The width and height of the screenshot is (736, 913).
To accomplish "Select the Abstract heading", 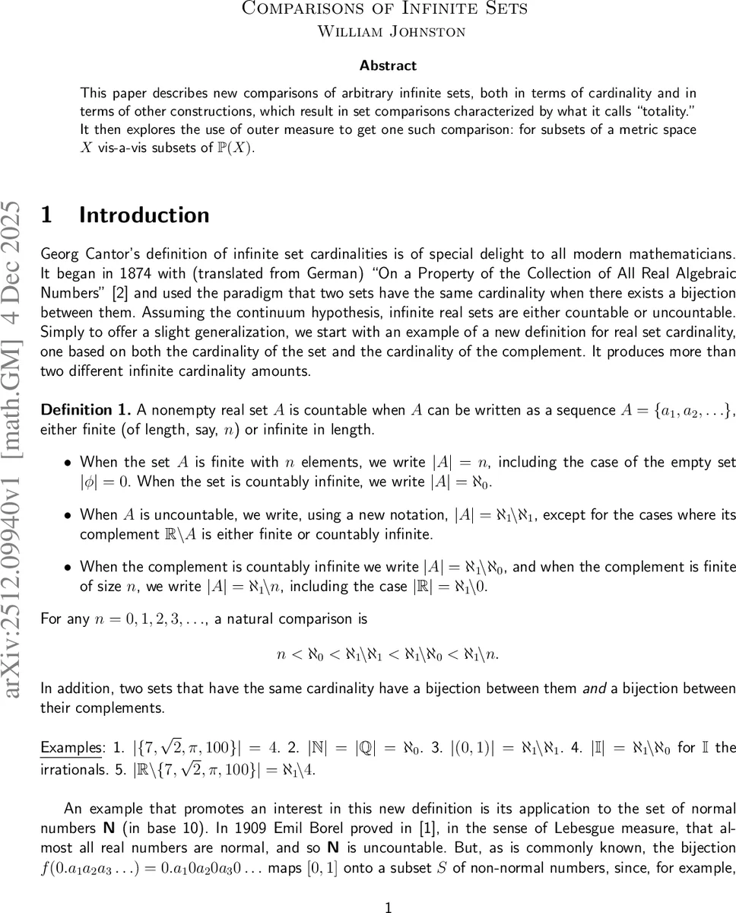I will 388,65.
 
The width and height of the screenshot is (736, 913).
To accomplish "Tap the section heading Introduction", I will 144,215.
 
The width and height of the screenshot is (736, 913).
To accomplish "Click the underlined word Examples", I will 71,747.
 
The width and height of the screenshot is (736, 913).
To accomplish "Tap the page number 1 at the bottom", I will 389,887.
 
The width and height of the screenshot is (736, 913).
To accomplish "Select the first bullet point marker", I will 68,463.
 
